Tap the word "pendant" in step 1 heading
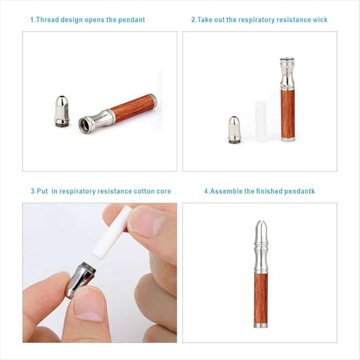tap(132, 20)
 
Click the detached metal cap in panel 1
tap(62, 111)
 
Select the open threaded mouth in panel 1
tap(84, 125)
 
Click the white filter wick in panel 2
tap(261, 121)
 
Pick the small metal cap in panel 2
tap(234, 130)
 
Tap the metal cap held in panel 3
tap(81, 280)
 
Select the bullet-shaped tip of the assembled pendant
tap(261, 233)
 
